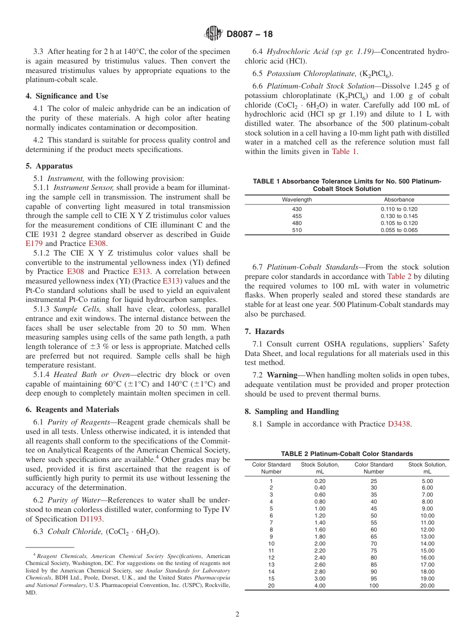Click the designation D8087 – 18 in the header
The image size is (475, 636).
coord(249,34)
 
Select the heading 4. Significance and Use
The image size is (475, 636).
coord(66,96)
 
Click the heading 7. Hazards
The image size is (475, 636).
coord(264,331)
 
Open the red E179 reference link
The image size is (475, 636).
coord(34,243)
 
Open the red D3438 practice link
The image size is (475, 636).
coord(399,424)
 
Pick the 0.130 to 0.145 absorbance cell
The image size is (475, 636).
coord(399,216)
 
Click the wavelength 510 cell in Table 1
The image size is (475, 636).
coord(297,230)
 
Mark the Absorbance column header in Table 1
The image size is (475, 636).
coord(399,199)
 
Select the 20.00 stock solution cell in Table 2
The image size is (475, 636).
coord(427,585)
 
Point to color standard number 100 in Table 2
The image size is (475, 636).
coord(373,585)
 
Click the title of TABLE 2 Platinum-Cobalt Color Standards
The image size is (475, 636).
coord(346,453)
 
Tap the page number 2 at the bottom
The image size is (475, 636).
coord(237,614)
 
